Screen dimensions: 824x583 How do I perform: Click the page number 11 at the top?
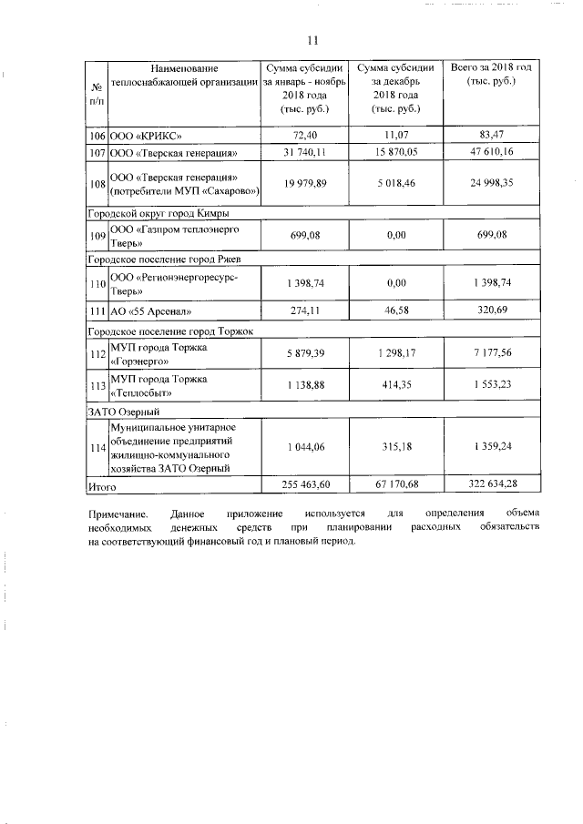click(x=312, y=41)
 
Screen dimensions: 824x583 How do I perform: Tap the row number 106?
click(x=97, y=134)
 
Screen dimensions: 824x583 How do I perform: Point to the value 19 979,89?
click(x=305, y=184)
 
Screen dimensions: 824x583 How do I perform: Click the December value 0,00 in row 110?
click(x=395, y=284)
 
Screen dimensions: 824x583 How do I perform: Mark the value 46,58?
click(x=395, y=312)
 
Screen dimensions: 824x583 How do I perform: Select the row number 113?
click(x=97, y=385)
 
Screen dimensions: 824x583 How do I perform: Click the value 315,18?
click(x=395, y=447)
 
